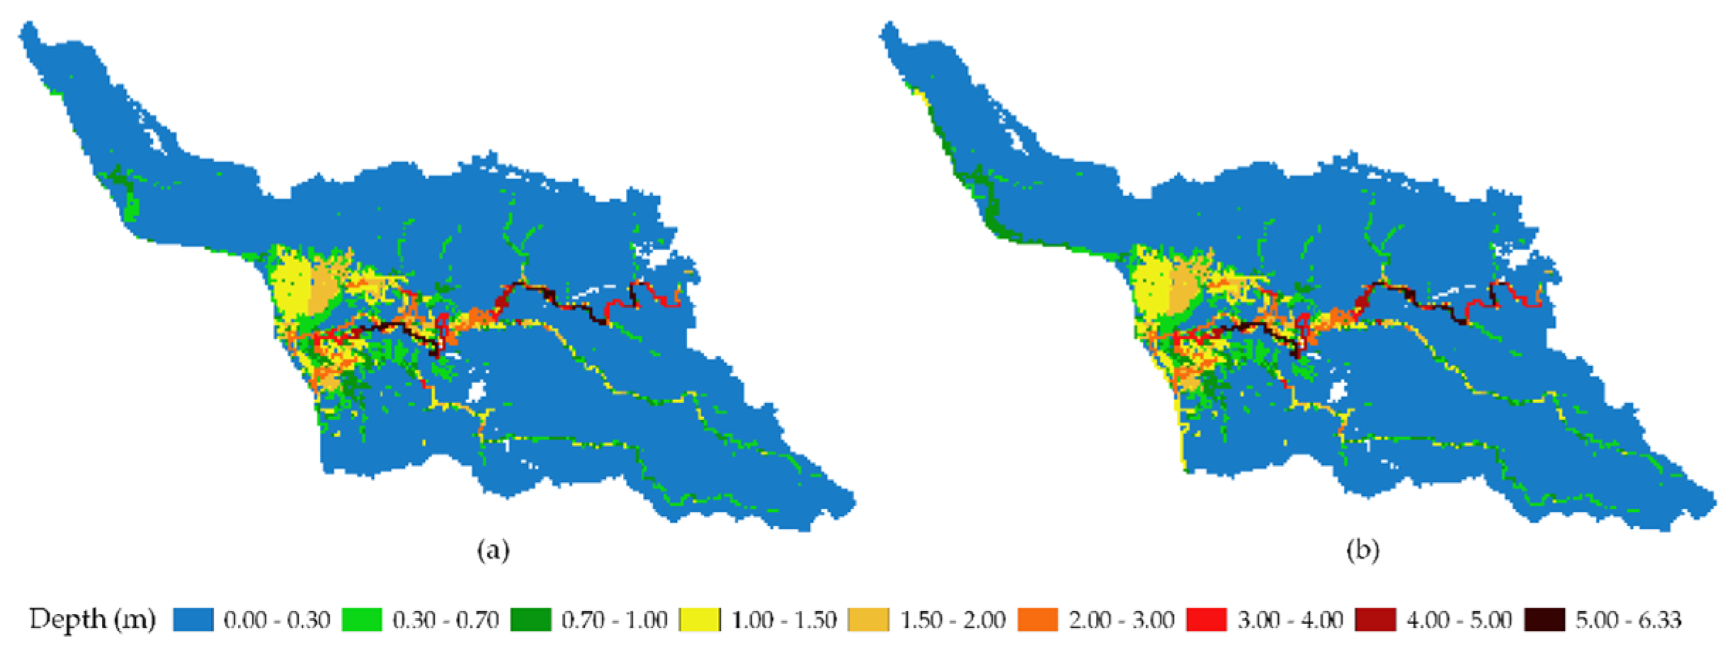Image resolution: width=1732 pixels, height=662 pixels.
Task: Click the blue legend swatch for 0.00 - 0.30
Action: pos(193,620)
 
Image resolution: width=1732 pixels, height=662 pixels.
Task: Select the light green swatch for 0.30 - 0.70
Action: pos(362,620)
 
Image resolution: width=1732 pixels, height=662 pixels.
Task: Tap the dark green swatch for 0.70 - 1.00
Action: pos(530,620)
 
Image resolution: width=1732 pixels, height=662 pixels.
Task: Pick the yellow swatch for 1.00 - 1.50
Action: pos(700,620)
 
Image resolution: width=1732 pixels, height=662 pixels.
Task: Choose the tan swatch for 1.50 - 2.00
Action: pos(868,620)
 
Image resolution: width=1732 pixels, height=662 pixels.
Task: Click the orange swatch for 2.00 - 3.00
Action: pos(1037,620)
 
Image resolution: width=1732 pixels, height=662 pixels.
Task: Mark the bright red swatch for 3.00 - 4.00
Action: pos(1206,620)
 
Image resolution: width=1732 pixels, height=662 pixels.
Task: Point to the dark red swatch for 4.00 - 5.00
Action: pos(1375,620)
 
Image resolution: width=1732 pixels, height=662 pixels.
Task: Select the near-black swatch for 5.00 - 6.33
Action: pos(1544,620)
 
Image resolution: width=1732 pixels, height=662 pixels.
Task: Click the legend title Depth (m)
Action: pos(92,620)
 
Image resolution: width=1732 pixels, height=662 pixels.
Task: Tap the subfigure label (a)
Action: pos(493,550)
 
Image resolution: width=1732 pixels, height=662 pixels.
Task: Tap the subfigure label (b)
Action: pos(1362,550)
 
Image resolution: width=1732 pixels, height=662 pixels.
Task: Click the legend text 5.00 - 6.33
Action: pos(1628,620)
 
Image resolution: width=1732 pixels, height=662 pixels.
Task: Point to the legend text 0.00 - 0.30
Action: pos(277,620)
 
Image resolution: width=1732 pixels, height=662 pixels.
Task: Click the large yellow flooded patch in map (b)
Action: pos(1151,290)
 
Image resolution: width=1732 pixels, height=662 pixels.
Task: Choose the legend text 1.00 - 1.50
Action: pos(784,620)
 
